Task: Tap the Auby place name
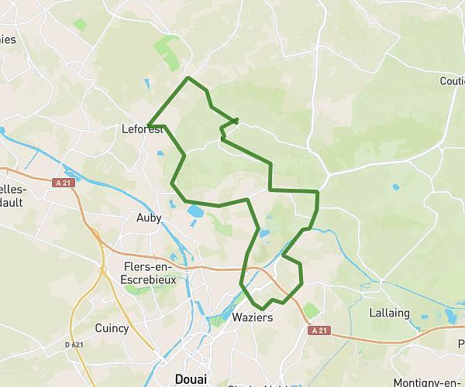coord(149,218)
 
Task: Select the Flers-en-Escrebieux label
coord(150,272)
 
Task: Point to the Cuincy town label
coord(112,328)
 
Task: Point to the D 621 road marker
coord(74,344)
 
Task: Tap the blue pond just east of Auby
coord(194,211)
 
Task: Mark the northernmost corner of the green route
coord(188,77)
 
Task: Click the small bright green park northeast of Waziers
coord(310,310)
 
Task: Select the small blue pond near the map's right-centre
coord(397,187)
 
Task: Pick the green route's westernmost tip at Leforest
coord(148,125)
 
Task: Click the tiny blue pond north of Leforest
coord(146,83)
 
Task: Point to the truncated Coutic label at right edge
coord(451,81)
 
